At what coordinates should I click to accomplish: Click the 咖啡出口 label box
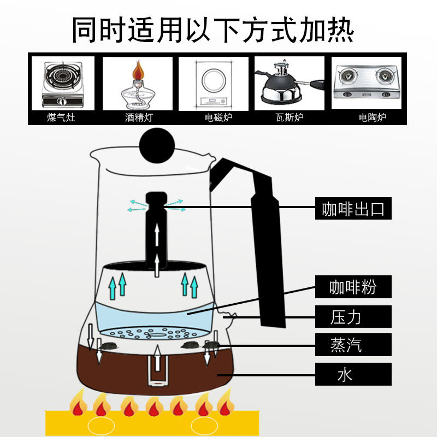click(x=353, y=209)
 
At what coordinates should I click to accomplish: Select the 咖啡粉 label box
click(x=353, y=287)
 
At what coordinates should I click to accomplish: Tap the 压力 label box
click(x=353, y=317)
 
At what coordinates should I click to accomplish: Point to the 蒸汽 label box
click(x=353, y=345)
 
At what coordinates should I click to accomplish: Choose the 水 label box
click(x=353, y=374)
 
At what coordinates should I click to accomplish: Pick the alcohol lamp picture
click(x=137, y=85)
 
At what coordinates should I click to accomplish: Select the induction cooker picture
click(x=213, y=84)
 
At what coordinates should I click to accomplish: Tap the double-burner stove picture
click(x=366, y=82)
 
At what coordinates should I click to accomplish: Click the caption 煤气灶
click(x=61, y=117)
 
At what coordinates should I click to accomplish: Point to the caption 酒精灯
click(x=139, y=117)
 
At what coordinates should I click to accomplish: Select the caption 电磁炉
click(x=218, y=117)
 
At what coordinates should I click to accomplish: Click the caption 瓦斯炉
click(x=290, y=117)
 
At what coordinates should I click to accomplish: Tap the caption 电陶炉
click(x=373, y=117)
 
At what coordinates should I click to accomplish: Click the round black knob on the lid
click(x=157, y=145)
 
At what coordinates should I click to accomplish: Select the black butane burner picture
click(x=290, y=83)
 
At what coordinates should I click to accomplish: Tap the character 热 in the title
click(x=340, y=29)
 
